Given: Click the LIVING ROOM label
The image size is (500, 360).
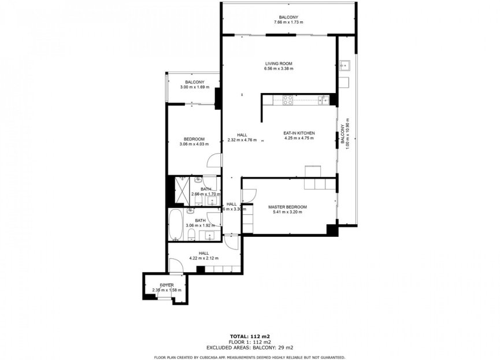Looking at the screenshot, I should tap(279, 64).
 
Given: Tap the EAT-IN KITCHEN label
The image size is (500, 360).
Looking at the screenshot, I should tap(298, 133).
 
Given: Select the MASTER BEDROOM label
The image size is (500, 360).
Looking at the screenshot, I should tap(287, 207).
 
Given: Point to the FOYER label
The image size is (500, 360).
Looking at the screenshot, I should tap(166, 285).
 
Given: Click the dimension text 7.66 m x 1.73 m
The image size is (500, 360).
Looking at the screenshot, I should tap(288, 23).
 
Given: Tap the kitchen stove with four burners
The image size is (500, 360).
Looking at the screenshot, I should tap(288, 100).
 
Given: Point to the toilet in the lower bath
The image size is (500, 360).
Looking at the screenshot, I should tap(190, 233).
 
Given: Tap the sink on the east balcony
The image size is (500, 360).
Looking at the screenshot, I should tap(343, 65).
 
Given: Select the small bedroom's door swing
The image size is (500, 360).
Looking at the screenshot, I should tap(214, 162).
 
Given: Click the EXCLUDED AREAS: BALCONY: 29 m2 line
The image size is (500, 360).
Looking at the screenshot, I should tap(250, 348).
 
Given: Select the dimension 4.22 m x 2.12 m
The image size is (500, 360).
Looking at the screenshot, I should tap(204, 258).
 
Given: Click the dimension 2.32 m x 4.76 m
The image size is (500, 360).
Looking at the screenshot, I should tap(242, 140).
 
